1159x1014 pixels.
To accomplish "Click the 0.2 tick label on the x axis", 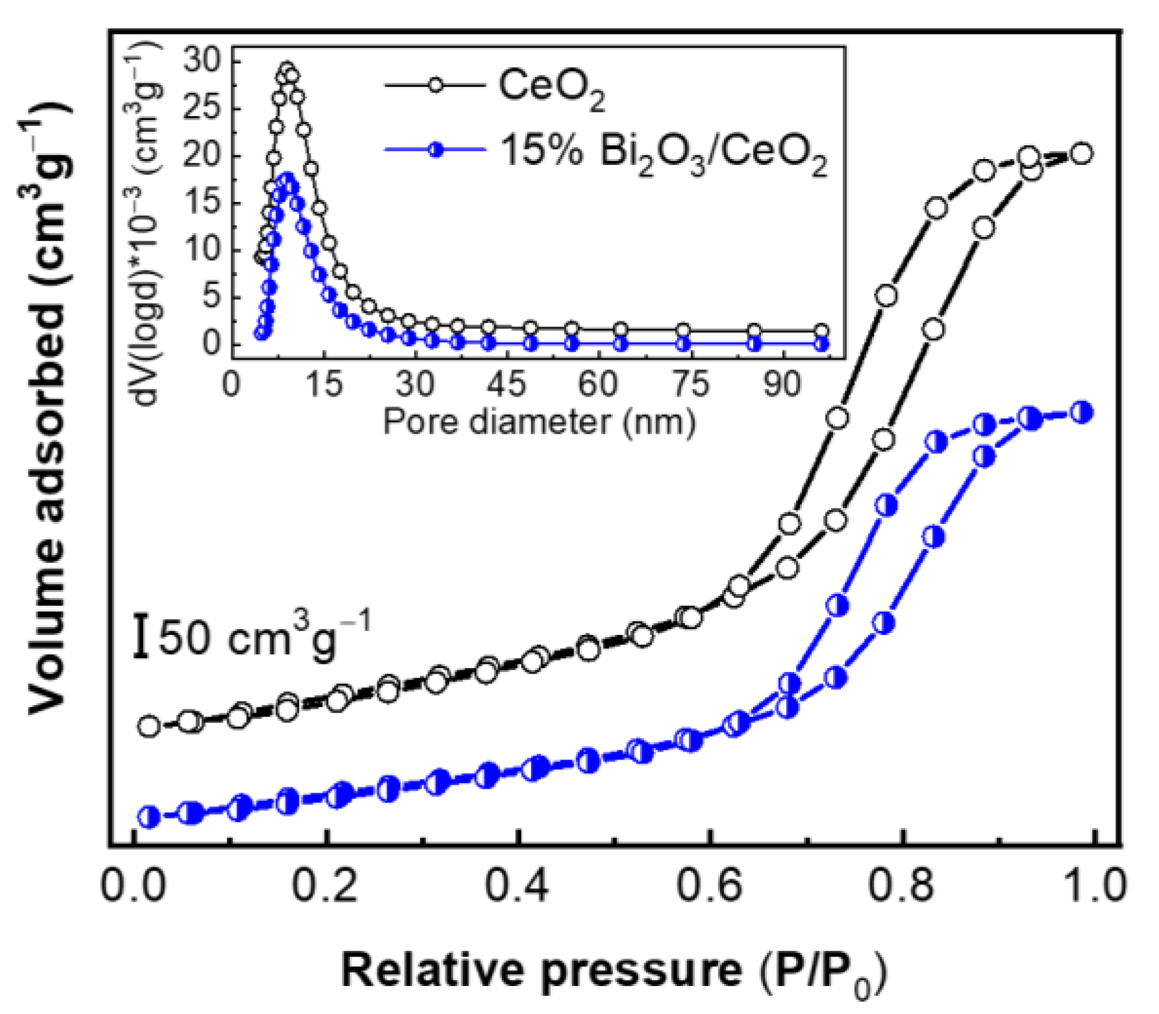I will [325, 885].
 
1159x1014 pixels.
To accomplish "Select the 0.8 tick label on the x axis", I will [901, 885].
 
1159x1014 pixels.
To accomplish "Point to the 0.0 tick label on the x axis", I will [133, 885].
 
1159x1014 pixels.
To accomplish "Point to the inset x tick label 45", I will [506, 384].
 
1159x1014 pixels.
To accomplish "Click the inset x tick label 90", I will [782, 384].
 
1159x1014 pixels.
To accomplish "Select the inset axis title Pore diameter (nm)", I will [539, 422].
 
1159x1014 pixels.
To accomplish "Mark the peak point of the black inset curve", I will [287, 69].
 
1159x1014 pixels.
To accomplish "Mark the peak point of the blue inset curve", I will [288, 179].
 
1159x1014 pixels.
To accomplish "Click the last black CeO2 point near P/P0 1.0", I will [1081, 154].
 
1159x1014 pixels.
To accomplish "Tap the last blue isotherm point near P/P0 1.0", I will [1081, 412].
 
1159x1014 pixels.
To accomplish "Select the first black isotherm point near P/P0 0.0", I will [149, 726].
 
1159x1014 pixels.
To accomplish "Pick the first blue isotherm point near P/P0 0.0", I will [149, 817].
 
